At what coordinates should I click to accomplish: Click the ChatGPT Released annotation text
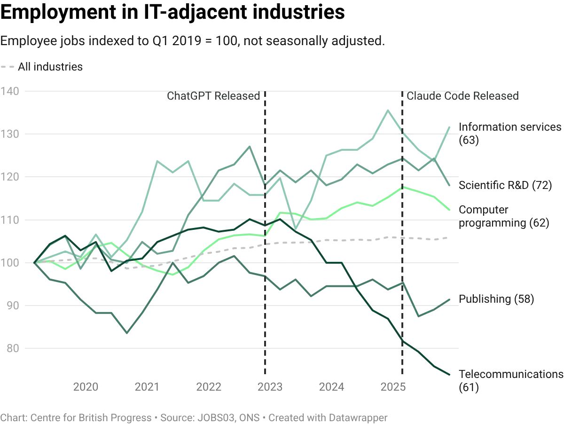click(216, 97)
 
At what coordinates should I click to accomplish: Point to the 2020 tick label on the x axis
click(86, 387)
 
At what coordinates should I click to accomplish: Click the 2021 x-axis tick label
click(145, 387)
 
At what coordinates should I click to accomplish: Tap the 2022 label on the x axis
click(209, 387)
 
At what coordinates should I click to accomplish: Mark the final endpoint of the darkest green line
click(451, 374)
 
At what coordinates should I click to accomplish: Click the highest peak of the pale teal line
click(388, 111)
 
